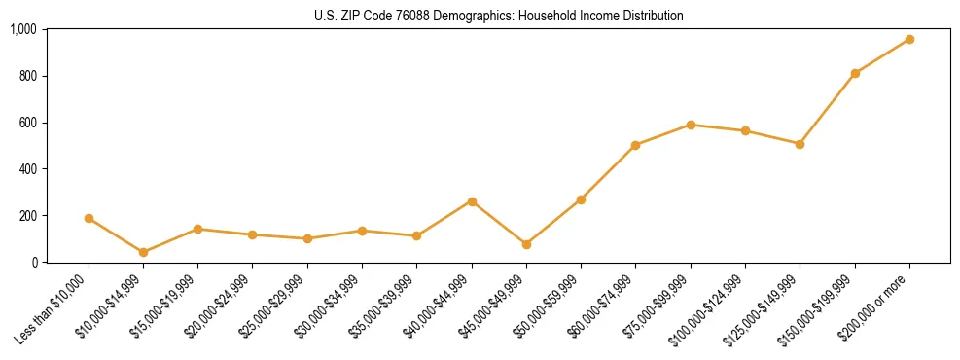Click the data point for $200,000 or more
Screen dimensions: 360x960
click(909, 39)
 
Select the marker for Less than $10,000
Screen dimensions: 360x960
click(89, 218)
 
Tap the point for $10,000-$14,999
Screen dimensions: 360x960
click(143, 252)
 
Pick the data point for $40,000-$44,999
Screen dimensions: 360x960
click(472, 201)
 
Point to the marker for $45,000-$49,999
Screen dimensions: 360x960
click(526, 244)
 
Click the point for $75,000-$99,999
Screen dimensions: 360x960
click(691, 125)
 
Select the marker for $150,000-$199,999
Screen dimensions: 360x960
click(855, 73)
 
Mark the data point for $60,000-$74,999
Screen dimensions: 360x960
click(635, 145)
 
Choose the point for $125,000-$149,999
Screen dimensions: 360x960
click(800, 144)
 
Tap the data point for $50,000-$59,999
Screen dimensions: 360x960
click(581, 199)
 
